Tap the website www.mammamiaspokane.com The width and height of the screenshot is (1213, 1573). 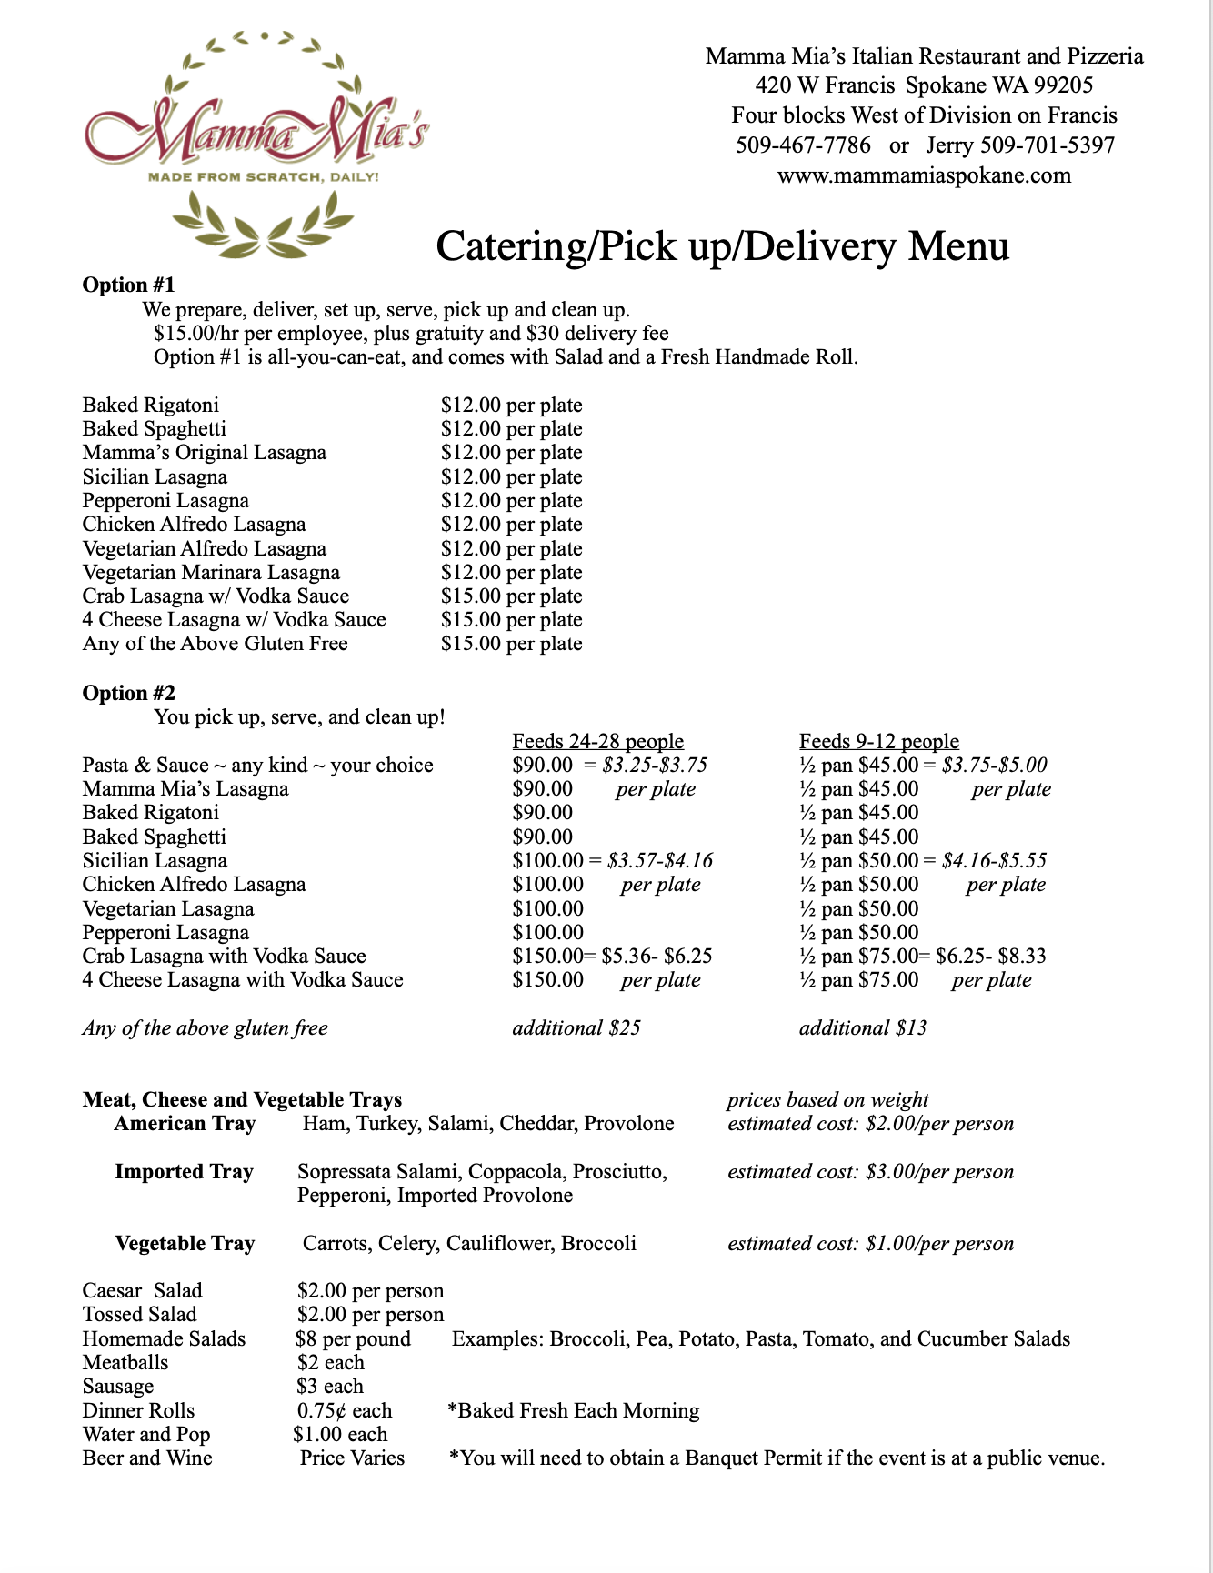click(x=924, y=175)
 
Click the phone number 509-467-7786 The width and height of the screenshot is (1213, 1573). click(x=803, y=145)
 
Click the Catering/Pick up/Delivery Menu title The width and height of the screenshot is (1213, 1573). click(x=723, y=246)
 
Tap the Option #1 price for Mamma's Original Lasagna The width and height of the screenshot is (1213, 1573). click(x=511, y=453)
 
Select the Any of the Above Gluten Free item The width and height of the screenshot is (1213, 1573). click(x=215, y=644)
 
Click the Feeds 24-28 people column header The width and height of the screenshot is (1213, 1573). click(x=597, y=742)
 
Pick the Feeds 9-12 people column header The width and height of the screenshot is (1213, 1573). click(x=878, y=742)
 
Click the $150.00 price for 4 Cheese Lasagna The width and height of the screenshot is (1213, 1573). click(x=548, y=980)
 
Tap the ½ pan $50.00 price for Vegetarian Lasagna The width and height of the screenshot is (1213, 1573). click(x=859, y=909)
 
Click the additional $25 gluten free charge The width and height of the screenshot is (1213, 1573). click(x=576, y=1028)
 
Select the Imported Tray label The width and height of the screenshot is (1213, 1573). click(x=184, y=1172)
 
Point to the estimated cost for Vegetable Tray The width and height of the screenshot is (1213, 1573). click(x=870, y=1244)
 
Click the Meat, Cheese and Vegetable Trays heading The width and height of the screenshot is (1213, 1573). click(x=242, y=1100)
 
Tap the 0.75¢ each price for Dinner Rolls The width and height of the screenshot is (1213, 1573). click(x=345, y=1411)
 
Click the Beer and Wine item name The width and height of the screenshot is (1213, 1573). click(x=147, y=1458)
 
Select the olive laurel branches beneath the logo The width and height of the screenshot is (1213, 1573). click(x=263, y=226)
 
